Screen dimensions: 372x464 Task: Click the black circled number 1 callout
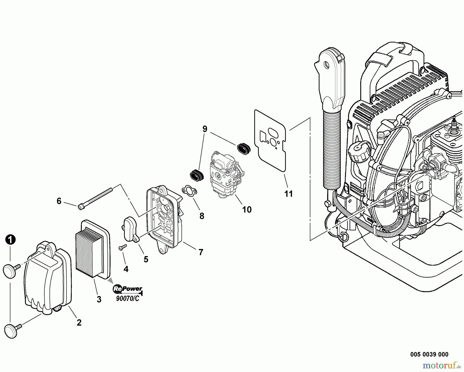(10, 240)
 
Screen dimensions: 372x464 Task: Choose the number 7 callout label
(201, 252)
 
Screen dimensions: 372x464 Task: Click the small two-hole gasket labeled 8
(189, 191)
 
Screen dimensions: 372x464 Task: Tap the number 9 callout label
(205, 129)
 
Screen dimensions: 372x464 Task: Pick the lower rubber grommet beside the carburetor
(197, 175)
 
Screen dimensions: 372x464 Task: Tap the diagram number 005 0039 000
(429, 355)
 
